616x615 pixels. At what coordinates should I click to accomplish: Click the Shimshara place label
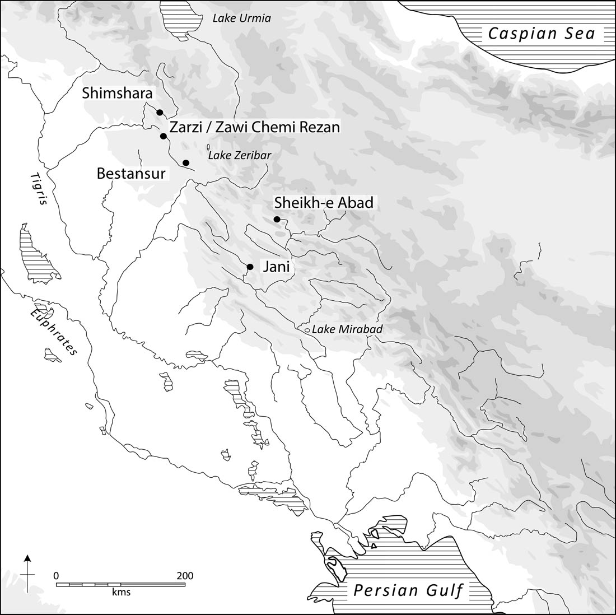point(117,93)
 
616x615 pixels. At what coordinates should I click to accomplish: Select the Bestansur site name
point(131,174)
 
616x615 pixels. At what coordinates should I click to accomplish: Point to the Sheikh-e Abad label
point(323,203)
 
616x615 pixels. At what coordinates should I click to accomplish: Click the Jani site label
point(276,267)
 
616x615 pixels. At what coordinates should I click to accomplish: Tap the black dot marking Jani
point(250,267)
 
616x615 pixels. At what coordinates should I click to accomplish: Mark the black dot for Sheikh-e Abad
point(277,219)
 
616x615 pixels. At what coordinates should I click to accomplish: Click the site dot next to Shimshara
point(160,113)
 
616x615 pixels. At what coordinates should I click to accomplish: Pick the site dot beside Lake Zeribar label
point(186,162)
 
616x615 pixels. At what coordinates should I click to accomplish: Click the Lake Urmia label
point(241,18)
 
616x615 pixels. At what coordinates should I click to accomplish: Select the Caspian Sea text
point(541,34)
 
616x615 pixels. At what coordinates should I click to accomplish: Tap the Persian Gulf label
point(408,591)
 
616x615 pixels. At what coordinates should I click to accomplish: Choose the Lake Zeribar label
point(239,155)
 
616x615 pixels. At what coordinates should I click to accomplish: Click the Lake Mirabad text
point(347,329)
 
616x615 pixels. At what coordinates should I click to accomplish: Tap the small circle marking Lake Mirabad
point(307,330)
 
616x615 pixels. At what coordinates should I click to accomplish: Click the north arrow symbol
point(27,571)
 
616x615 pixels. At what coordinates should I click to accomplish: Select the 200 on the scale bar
point(185,576)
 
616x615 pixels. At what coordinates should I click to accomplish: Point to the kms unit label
point(121,592)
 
